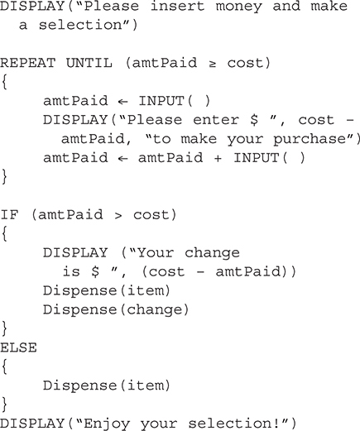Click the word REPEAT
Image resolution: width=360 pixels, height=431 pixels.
(x=28, y=63)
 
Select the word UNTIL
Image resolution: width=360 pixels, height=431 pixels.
(x=89, y=63)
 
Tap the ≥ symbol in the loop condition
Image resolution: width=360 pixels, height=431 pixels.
(x=212, y=65)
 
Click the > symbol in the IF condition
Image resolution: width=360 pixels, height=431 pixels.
(x=118, y=216)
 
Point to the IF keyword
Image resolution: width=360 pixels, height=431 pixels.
(x=9, y=215)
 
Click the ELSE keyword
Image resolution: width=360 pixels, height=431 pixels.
(x=18, y=347)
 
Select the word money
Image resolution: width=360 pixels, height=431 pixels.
(x=239, y=7)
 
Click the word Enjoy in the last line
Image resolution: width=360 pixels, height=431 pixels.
(x=107, y=424)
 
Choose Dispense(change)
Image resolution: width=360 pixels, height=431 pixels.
(x=116, y=309)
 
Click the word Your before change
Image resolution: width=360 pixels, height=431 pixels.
(x=156, y=253)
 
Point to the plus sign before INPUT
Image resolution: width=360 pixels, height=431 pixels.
(x=218, y=158)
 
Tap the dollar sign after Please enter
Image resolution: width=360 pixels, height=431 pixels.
(x=254, y=120)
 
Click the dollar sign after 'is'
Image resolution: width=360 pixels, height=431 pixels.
(x=95, y=271)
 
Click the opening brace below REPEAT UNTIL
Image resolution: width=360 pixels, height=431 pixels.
(x=4, y=82)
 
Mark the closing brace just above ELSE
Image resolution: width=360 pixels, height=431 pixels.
(x=4, y=328)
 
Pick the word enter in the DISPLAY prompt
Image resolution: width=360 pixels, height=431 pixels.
(x=216, y=120)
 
